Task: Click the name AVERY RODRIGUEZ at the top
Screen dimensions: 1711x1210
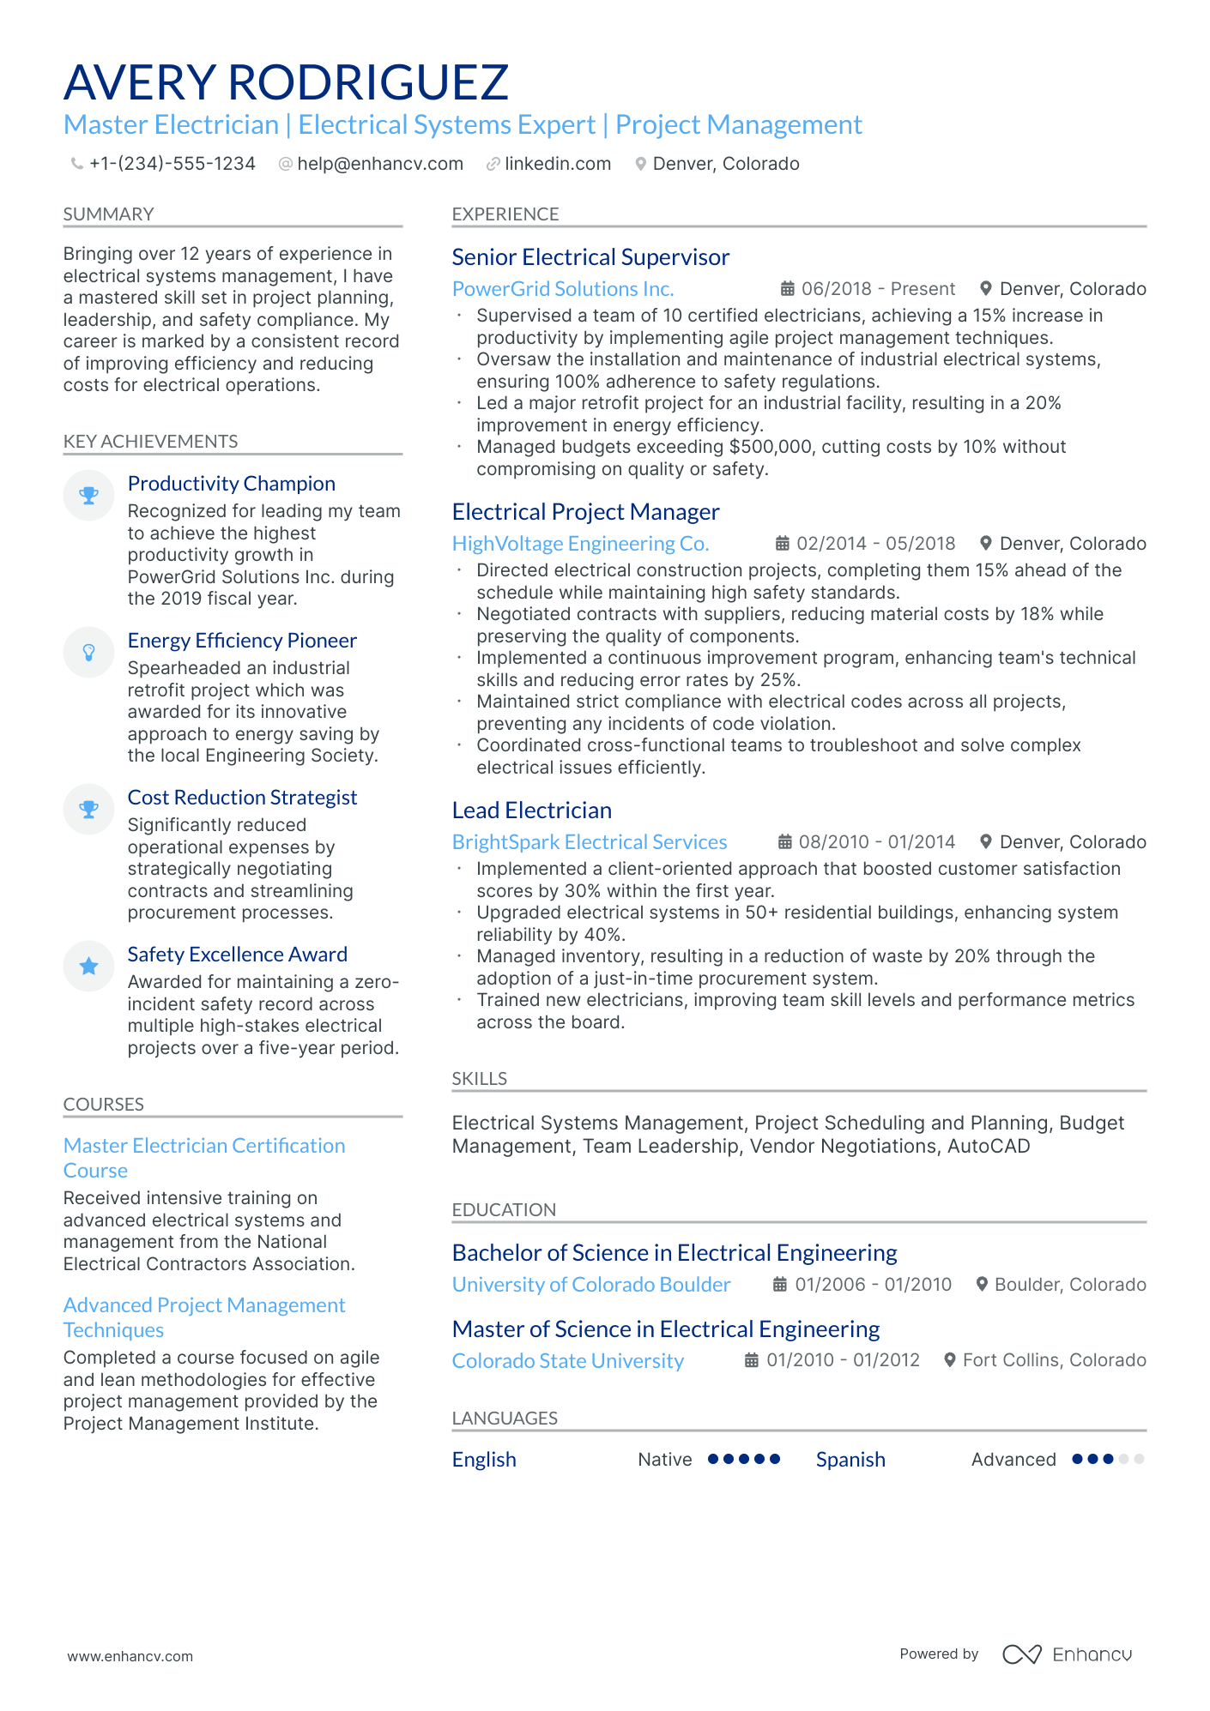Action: point(286,82)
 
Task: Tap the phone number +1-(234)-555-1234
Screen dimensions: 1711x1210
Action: point(172,164)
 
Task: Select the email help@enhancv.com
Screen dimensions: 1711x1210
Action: point(379,164)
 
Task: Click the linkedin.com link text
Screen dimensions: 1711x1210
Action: point(557,164)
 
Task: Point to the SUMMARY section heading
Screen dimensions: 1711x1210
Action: point(108,214)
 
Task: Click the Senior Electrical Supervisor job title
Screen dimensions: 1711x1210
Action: point(590,257)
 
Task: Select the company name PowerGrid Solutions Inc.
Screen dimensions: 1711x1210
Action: point(562,289)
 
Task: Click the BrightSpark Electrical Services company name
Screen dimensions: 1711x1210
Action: point(589,842)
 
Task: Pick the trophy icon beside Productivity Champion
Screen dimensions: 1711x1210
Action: point(88,495)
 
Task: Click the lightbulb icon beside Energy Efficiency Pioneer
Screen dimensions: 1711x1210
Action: point(88,653)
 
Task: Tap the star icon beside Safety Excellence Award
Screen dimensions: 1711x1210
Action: point(88,967)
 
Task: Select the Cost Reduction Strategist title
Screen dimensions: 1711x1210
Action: point(242,798)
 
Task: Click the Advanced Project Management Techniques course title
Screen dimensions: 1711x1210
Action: point(203,1317)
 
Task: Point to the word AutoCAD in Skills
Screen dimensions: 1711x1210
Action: point(988,1147)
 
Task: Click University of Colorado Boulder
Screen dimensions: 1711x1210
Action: point(590,1285)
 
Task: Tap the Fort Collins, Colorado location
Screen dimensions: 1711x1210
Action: point(1054,1360)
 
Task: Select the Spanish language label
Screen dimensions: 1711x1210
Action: point(850,1460)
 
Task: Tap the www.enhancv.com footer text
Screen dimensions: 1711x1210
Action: point(130,1656)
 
